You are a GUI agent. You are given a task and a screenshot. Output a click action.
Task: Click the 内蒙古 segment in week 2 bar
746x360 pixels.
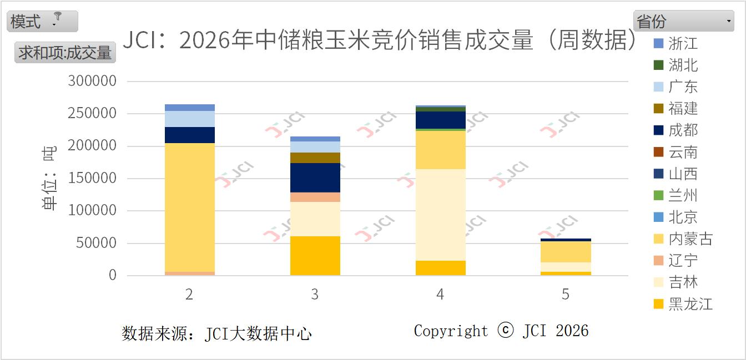[x=189, y=207]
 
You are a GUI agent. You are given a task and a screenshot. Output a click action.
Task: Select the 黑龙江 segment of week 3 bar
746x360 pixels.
[x=315, y=256]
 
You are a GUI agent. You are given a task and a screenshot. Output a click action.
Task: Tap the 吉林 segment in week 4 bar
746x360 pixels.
[x=440, y=215]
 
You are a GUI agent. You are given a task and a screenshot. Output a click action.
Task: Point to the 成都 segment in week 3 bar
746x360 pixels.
[x=315, y=178]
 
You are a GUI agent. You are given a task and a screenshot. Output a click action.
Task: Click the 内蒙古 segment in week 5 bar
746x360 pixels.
[x=566, y=252]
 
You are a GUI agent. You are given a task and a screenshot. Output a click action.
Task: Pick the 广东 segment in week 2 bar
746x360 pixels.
[x=189, y=119]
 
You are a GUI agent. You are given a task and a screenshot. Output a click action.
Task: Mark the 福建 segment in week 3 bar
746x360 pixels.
[x=315, y=158]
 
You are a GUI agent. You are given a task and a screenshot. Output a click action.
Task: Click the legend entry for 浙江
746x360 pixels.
[x=682, y=43]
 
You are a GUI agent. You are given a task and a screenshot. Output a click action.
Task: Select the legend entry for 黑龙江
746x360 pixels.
[x=690, y=304]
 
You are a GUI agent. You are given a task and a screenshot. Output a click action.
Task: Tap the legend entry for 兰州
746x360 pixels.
[x=682, y=195]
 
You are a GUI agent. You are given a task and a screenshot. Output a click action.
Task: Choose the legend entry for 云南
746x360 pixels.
[x=682, y=152]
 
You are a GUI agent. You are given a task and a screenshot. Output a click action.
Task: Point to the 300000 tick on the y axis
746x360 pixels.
[x=92, y=81]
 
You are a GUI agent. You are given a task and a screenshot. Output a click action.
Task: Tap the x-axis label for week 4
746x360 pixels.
[x=440, y=294]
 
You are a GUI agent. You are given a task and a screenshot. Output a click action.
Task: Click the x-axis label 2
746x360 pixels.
[x=189, y=294]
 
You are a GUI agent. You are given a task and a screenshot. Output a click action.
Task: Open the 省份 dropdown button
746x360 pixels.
[x=684, y=21]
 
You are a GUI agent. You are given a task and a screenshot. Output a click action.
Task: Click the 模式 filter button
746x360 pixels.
[x=42, y=21]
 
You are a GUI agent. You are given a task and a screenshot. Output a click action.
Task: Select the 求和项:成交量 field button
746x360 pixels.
[x=65, y=52]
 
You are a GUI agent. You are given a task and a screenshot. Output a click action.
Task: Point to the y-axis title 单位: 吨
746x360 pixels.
[x=49, y=178]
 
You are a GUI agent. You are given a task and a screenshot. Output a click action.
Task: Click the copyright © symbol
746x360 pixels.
[x=505, y=331]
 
